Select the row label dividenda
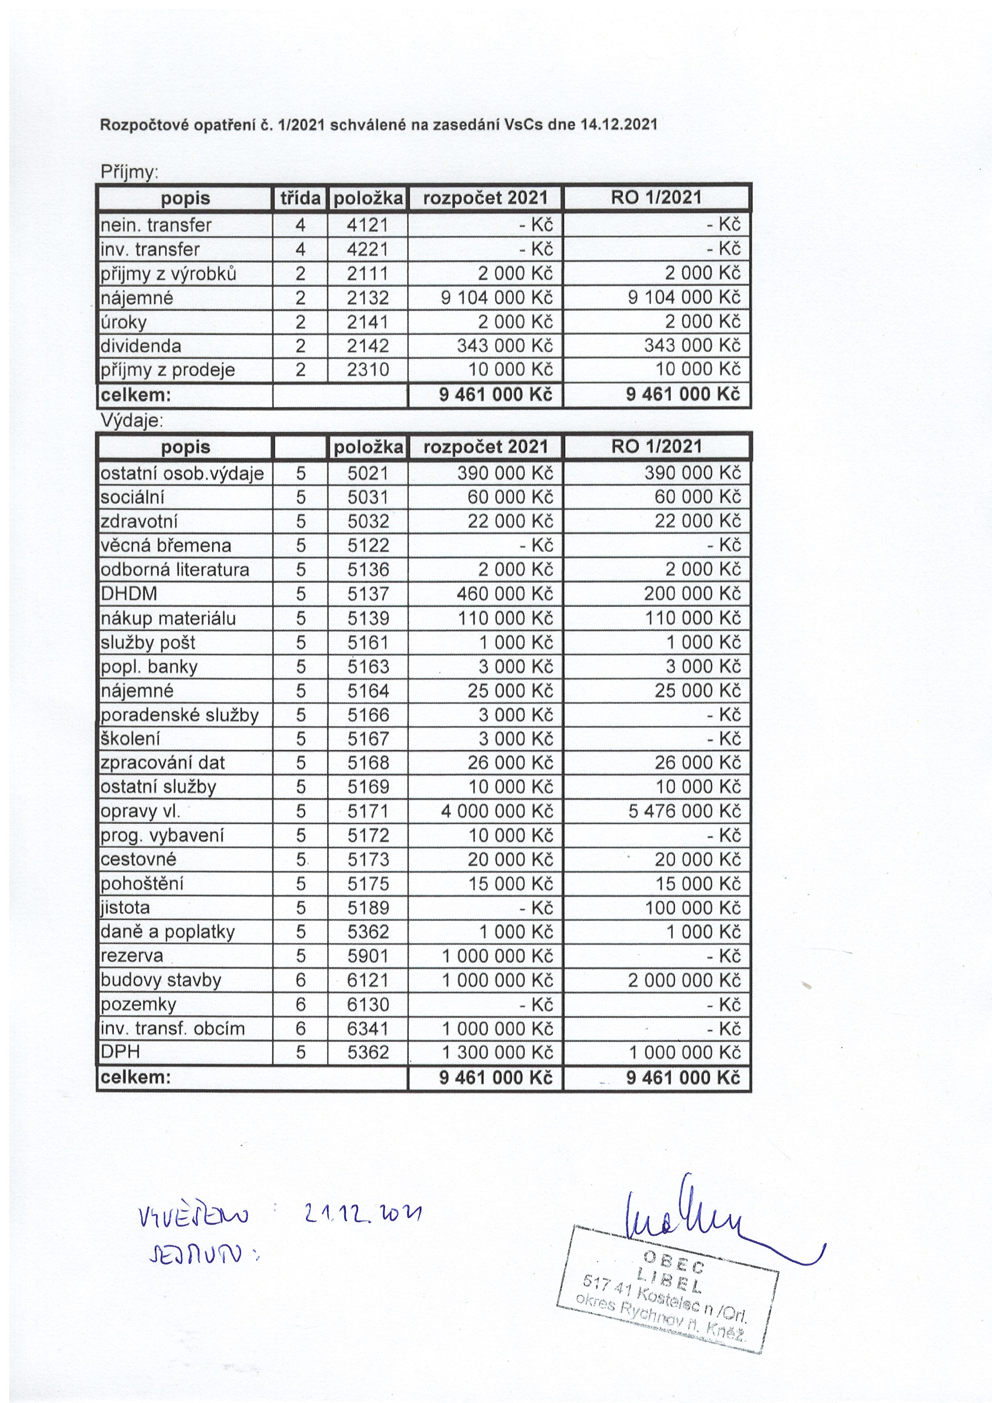141,346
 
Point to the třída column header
300,198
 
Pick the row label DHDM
129,594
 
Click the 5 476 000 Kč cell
684,811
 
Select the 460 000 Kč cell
504,594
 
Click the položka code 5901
368,956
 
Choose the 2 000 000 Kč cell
684,980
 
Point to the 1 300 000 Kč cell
497,1052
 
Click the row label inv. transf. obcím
173,1028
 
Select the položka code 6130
368,1004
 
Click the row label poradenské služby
180,715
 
